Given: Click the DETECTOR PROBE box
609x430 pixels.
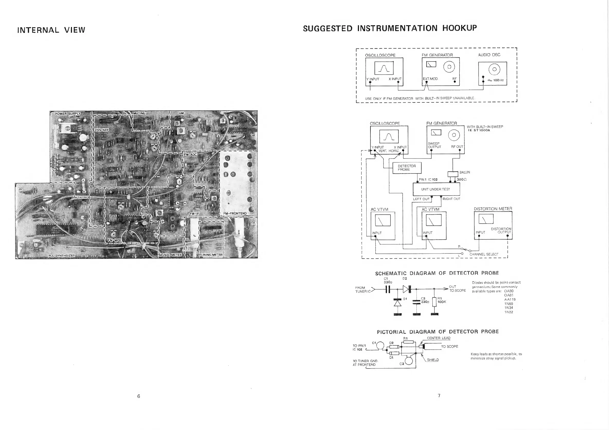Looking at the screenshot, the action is tap(407, 168).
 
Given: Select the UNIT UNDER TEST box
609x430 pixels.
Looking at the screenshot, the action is tap(436, 189).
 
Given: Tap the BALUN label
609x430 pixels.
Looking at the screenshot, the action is tap(465, 172).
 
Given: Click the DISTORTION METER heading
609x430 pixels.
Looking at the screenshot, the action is tap(493, 209).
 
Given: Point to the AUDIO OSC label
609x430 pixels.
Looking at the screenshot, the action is tap(489, 55).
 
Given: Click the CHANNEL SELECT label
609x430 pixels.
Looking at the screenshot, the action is tap(484, 254).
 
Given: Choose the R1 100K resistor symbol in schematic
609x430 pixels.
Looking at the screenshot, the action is tap(434, 302).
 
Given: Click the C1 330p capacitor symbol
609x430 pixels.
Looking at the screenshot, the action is tap(388, 289).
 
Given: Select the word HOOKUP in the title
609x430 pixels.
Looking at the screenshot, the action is tap(459, 28).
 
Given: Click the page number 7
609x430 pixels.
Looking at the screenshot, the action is tap(439, 396).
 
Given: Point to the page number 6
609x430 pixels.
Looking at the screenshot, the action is tap(139, 396).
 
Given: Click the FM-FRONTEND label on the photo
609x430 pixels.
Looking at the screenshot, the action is tap(235, 213).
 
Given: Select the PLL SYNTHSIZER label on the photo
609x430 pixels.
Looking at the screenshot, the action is tap(62, 256).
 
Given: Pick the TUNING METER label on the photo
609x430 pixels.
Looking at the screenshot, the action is tap(211, 255).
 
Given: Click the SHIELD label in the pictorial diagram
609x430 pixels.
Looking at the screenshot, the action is tap(433, 360).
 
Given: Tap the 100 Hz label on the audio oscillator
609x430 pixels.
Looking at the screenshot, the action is tap(498, 80).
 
